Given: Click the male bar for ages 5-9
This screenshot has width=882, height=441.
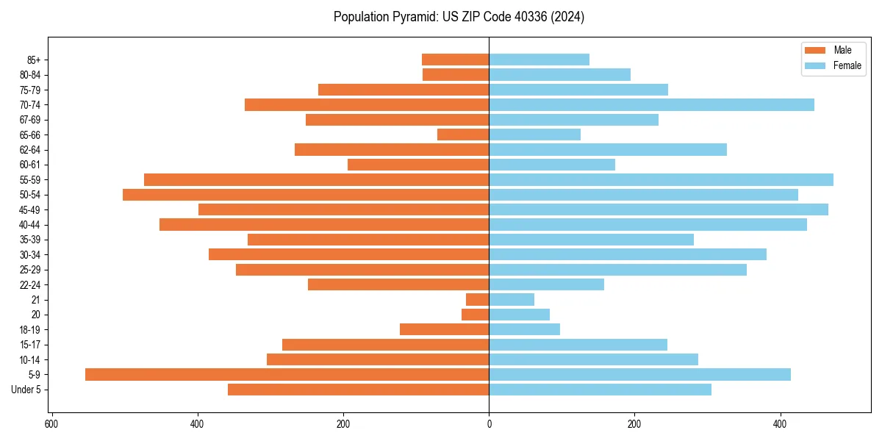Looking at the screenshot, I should point(287,375).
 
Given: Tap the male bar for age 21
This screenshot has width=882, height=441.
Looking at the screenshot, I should point(478,300).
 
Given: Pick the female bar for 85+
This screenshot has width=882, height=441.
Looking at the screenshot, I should point(539,60).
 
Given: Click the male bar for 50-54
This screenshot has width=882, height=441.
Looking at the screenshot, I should point(306,195).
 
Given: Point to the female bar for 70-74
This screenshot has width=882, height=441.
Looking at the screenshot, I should point(651,105).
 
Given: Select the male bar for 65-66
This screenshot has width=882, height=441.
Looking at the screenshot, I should point(463,135).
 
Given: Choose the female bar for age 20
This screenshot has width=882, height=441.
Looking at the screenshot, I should point(519,315).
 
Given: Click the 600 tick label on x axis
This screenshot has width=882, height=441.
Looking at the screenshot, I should point(51,424).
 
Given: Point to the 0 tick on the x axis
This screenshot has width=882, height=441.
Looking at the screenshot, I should point(489,424).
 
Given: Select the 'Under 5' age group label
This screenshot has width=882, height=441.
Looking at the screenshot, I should point(26,390).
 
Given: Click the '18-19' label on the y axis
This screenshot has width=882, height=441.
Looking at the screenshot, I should point(30,330).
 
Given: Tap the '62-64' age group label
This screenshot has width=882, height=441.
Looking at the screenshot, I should point(30,150).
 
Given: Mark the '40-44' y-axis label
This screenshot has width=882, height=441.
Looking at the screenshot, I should point(30,225).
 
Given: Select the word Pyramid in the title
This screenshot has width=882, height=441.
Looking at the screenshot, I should point(412,17).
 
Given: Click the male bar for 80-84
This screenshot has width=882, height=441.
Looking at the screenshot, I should point(456,75).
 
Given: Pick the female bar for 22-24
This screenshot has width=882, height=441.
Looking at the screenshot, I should point(546,284).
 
